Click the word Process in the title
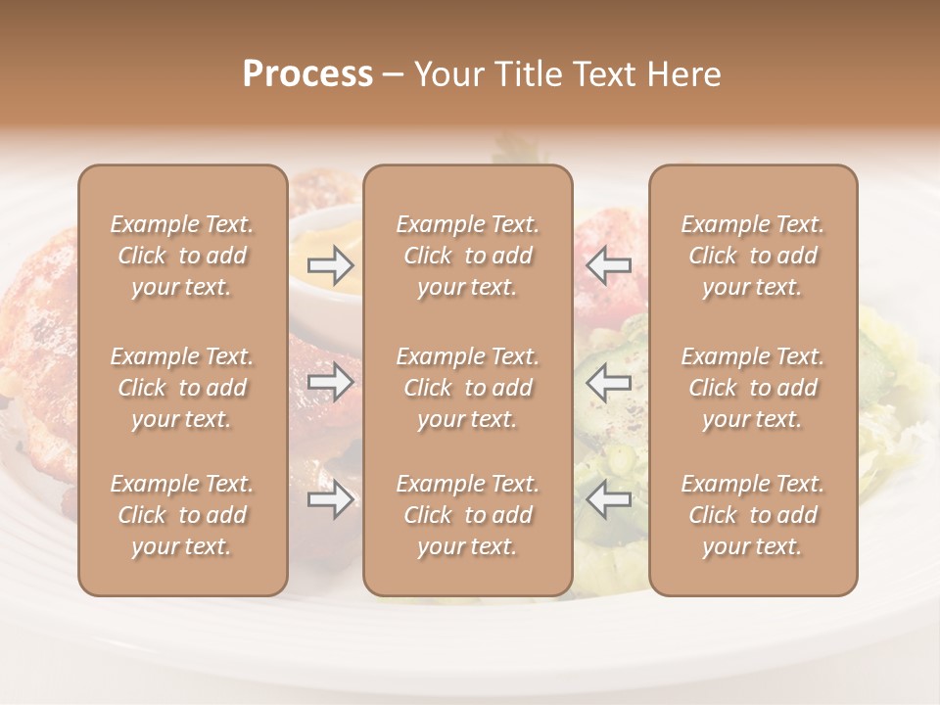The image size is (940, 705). [x=307, y=74]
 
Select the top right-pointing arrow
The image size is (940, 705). [x=331, y=265]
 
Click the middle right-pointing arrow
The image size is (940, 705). [x=331, y=382]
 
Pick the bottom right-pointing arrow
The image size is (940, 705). [x=331, y=500]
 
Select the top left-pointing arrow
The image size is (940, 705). [x=608, y=265]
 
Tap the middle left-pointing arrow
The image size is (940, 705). [x=608, y=382]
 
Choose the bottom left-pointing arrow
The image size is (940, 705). [x=608, y=500]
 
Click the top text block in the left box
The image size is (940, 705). [x=182, y=256]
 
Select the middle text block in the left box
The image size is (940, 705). [x=182, y=388]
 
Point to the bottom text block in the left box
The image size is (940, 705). [x=182, y=515]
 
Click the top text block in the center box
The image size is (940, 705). [x=467, y=256]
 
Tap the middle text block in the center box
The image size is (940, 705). [x=467, y=388]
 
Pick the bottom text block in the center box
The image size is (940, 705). [x=467, y=515]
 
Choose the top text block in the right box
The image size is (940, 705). [x=752, y=256]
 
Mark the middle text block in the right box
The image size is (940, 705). [x=752, y=388]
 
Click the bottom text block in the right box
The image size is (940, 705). [x=752, y=515]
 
